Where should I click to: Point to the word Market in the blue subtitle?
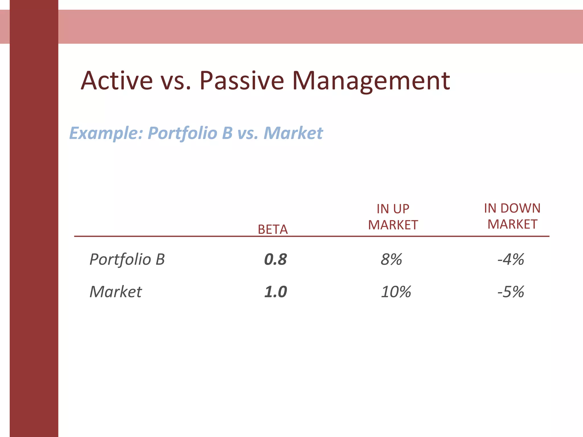(293, 133)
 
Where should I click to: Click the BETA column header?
(272, 229)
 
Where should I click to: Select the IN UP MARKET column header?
(393, 217)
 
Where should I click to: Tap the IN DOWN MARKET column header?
(512, 216)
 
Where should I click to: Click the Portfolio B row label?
(127, 259)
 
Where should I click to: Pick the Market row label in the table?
(115, 292)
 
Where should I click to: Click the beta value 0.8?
(275, 259)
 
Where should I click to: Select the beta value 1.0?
(275, 292)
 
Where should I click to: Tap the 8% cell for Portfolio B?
(391, 259)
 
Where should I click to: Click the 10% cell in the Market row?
(396, 292)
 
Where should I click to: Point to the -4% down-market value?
(511, 259)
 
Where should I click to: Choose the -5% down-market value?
(511, 292)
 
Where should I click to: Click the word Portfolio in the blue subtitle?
(182, 133)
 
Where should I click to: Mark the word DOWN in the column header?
(520, 208)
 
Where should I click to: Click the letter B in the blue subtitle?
(227, 133)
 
